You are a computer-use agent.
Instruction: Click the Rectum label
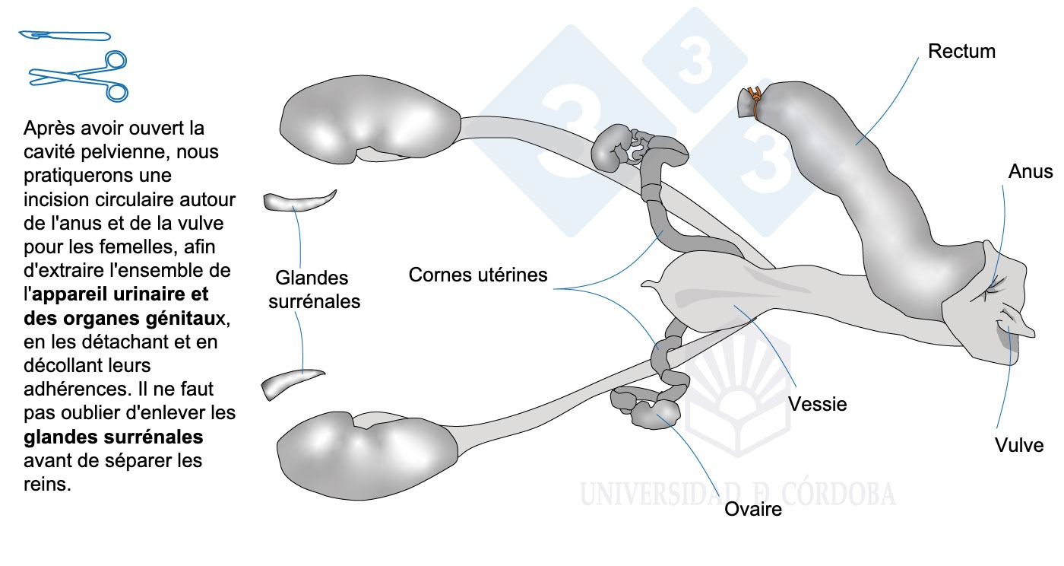(x=961, y=52)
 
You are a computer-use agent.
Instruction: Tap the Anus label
(x=1031, y=171)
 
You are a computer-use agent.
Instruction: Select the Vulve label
(x=1019, y=445)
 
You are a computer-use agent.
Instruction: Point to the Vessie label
(x=817, y=403)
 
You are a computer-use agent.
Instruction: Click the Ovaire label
(x=753, y=509)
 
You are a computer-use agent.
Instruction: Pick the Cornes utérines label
(x=477, y=275)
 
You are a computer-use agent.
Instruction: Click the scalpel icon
(x=65, y=35)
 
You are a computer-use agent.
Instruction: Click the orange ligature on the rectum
(x=754, y=100)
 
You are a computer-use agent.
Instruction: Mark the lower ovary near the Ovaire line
(x=655, y=413)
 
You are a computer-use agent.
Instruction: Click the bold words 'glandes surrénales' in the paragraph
(x=114, y=437)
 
